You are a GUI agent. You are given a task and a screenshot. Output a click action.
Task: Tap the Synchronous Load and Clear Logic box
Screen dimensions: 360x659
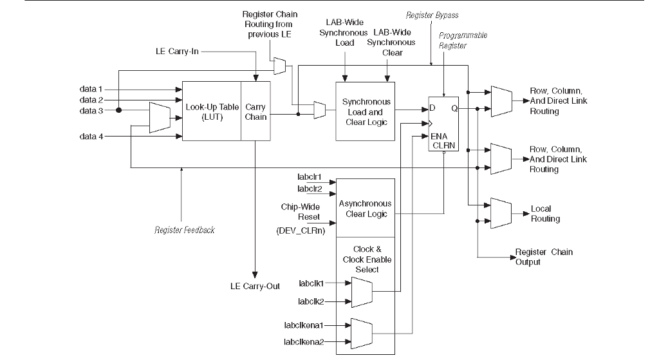[366, 111]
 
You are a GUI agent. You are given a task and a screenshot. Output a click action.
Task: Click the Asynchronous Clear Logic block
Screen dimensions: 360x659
[366, 208]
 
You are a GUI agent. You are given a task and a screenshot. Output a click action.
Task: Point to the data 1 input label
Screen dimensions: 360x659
[91, 89]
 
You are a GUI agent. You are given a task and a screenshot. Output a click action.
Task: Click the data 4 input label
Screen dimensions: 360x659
[91, 136]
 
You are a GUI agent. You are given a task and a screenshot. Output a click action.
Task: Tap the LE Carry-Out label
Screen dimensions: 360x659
[255, 286]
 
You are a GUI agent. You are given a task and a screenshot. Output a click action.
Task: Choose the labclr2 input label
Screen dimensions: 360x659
[309, 189]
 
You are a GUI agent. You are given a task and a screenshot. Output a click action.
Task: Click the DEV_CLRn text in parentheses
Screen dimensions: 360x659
[299, 230]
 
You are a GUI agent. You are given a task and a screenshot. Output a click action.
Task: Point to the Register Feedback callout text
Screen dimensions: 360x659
[185, 230]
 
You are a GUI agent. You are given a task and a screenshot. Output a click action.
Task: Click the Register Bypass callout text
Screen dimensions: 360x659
[432, 15]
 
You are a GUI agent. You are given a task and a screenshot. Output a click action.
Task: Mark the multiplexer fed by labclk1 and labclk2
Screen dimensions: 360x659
[361, 292]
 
